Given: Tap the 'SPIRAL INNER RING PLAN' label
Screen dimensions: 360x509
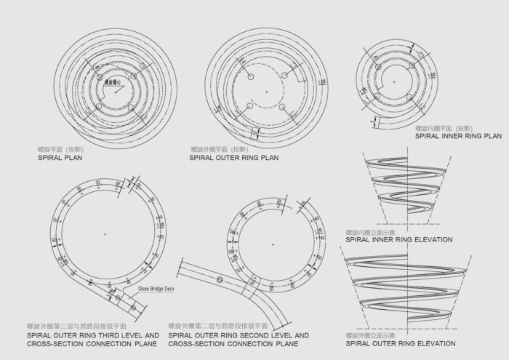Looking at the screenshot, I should (458, 135).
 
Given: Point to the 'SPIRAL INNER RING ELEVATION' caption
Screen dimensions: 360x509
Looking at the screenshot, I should (399, 239).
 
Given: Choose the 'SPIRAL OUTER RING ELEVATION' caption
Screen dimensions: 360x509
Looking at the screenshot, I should (401, 343).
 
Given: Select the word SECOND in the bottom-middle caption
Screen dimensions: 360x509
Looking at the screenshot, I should (251, 335).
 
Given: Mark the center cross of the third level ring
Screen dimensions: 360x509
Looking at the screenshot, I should (106, 233).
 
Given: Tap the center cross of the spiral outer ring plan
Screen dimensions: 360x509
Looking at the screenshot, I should (268, 92).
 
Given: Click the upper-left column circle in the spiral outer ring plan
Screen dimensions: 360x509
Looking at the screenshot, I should (249, 75).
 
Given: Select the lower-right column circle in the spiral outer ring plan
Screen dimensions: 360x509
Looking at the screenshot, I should (286, 109).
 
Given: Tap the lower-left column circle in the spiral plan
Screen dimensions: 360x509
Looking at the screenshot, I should (97, 108).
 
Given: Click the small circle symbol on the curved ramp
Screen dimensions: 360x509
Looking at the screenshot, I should (218, 279).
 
